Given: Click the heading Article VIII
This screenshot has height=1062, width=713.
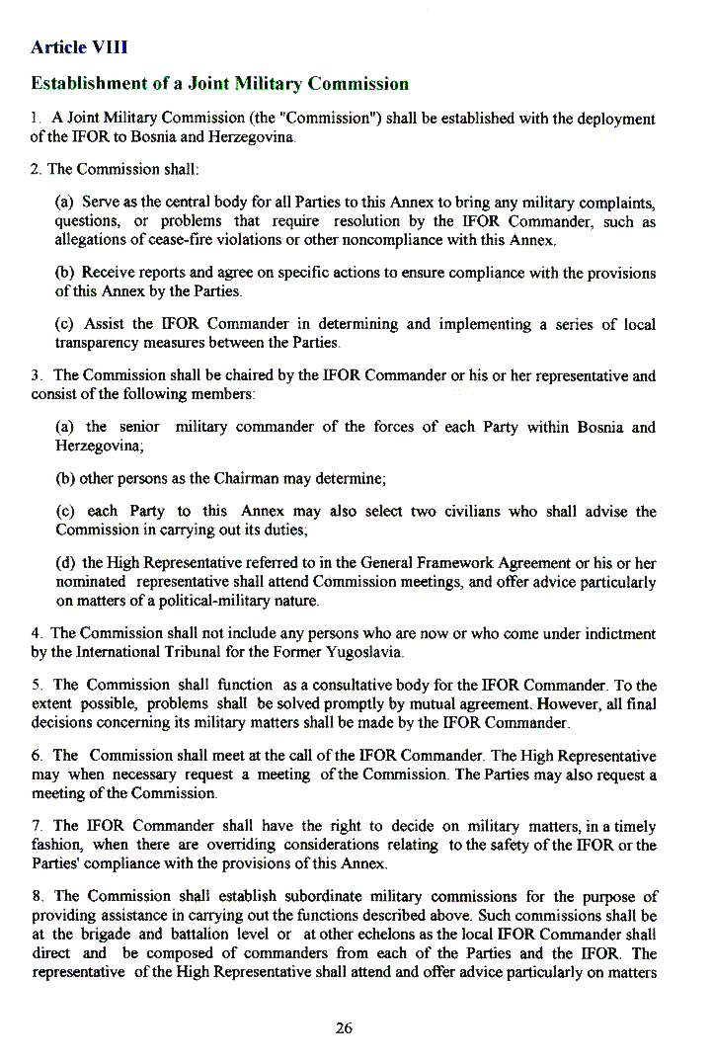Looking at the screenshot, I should click(x=79, y=47).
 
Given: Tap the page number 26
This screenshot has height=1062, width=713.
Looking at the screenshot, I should click(x=344, y=1028).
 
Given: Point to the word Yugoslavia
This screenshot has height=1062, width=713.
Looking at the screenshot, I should click(x=356, y=652).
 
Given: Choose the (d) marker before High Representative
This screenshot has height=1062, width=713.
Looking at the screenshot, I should click(x=65, y=563).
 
